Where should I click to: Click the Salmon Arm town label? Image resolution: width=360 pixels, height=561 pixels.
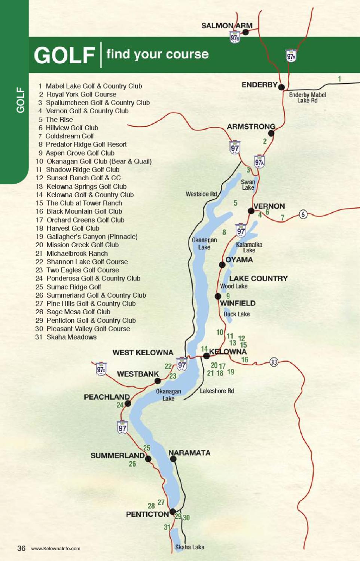(x=227, y=26)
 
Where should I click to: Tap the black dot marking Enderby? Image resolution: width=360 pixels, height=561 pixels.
(x=281, y=87)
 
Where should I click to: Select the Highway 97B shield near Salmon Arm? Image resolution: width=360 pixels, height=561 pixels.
(x=235, y=37)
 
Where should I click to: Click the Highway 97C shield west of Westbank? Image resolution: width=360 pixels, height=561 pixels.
(x=101, y=369)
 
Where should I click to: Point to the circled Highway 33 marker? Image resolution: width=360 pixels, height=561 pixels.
(x=274, y=362)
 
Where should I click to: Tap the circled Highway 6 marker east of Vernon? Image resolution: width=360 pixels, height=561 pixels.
(x=303, y=214)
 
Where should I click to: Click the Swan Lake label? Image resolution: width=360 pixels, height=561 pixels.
(x=248, y=185)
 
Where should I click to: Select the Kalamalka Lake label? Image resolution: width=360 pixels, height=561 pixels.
(x=249, y=247)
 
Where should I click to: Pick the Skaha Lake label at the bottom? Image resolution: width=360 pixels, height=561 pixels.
(x=190, y=547)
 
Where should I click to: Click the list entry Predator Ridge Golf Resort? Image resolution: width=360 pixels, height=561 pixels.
(x=86, y=144)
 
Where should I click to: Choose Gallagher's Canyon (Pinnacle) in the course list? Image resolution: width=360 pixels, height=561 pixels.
(x=92, y=237)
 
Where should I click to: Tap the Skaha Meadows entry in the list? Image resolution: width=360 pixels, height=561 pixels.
(x=71, y=337)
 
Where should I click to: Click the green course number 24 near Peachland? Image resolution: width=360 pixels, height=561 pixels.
(x=120, y=405)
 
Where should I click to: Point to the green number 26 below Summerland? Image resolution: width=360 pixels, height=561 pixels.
(x=132, y=464)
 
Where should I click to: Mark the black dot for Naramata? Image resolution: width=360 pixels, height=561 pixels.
(x=173, y=459)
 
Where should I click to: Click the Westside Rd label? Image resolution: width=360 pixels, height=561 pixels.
(x=201, y=194)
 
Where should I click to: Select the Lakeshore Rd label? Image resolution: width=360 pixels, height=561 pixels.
(x=217, y=391)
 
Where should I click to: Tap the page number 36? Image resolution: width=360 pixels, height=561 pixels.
(x=21, y=548)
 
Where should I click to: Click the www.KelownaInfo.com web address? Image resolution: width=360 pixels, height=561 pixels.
(x=56, y=549)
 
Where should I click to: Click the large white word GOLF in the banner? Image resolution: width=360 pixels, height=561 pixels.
(x=64, y=55)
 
